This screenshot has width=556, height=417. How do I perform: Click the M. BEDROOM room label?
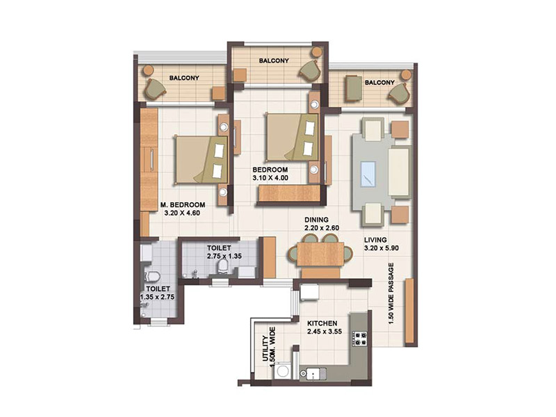[183, 205]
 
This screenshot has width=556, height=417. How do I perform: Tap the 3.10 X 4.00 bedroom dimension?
[270, 178]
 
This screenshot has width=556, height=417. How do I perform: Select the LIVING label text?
[375, 240]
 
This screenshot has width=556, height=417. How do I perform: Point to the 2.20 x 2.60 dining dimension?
[322, 228]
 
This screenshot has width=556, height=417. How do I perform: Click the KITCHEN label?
[322, 323]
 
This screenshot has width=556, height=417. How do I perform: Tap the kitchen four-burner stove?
[359, 338]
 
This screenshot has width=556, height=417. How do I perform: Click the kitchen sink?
[313, 374]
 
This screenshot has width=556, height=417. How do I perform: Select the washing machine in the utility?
[283, 371]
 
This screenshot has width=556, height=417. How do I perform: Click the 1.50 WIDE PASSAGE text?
[391, 293]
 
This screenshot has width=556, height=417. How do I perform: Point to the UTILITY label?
[265, 349]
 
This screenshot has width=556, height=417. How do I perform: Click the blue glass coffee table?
[368, 174]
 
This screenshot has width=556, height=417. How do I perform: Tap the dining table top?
[320, 254]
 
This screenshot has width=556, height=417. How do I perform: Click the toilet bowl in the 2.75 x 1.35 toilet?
[223, 265]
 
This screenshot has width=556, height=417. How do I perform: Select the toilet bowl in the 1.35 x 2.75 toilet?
[152, 276]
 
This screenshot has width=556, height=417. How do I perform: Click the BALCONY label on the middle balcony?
[274, 60]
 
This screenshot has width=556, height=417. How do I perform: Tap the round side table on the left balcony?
[148, 70]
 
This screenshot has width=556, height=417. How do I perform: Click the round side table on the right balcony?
[406, 75]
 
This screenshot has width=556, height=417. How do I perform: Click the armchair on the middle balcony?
[309, 70]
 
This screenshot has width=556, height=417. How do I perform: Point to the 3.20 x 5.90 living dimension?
[381, 248]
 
